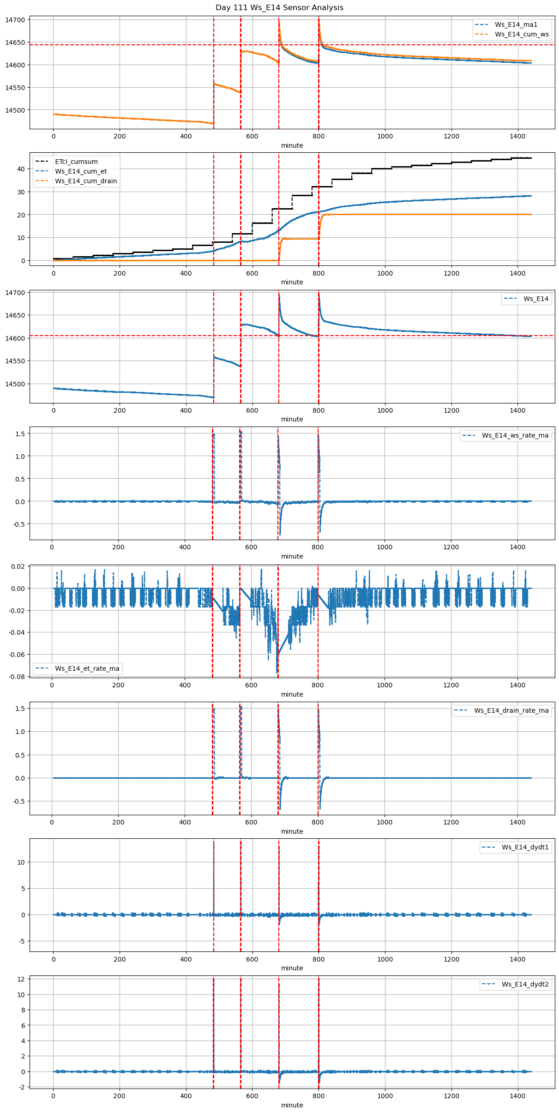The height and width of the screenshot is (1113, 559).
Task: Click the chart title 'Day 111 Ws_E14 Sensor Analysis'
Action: click(279, 7)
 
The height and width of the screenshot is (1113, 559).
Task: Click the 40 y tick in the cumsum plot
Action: click(21, 169)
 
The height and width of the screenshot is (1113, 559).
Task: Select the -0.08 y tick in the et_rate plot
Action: click(16, 677)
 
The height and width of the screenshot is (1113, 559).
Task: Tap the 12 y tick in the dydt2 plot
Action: click(21, 979)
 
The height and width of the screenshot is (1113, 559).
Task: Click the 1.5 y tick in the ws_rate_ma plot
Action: click(20, 433)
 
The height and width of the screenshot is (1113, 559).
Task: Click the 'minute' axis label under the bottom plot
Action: click(292, 1105)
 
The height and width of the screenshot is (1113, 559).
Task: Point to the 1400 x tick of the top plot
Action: click(517, 136)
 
